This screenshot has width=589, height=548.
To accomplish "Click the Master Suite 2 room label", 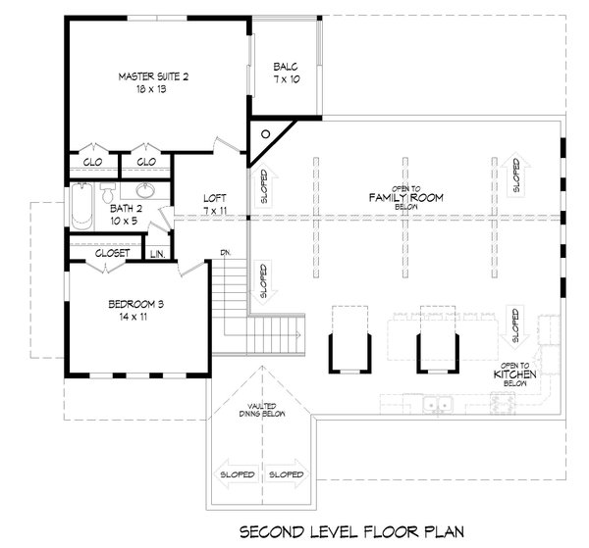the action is coord(153,76).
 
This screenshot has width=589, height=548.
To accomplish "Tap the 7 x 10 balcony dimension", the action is coord(287,79).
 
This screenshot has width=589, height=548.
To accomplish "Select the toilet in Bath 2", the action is coord(108,193).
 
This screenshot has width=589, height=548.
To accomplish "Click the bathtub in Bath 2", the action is coord(81,206).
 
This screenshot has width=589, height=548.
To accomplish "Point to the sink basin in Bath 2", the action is coord(145,190).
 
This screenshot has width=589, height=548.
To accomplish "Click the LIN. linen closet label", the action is coord(158,254).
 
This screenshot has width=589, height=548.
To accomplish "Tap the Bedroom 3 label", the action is coord(136,304).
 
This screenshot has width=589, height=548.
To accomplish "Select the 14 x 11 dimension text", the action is coord(134,317).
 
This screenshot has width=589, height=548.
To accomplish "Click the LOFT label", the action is coord(215,198).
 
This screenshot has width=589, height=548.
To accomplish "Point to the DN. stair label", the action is coord(226,253).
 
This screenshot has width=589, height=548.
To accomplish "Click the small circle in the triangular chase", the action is coord(266,134).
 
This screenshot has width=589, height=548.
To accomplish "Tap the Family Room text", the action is coord(406,197).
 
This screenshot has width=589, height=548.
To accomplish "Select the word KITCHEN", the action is coord(514,374).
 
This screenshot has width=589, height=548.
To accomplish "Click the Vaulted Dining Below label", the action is coord(262,410).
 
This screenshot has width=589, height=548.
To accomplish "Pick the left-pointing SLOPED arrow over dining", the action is coord(236,474).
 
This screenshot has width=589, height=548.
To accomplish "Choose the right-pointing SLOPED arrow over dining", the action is coord(288,474).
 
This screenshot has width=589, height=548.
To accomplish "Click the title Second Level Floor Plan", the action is coord(352,532).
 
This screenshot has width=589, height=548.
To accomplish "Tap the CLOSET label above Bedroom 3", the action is coord(112,253).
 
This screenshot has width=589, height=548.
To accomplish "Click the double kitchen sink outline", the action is coord(438,405).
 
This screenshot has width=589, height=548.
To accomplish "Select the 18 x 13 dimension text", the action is coord(151,89).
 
